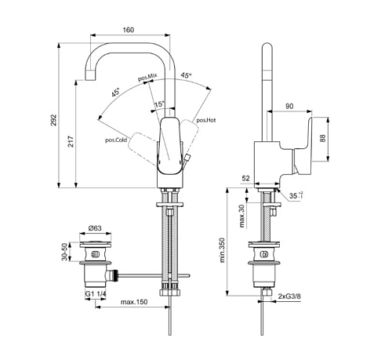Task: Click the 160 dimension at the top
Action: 129,30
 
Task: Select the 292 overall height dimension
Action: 53,120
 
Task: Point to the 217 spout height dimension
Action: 71,141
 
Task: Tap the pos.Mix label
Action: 147,77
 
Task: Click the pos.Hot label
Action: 206,120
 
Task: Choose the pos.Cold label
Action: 116,140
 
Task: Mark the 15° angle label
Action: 159,104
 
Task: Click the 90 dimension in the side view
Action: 289,106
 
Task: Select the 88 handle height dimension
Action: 323,138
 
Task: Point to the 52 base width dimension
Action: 245,178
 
